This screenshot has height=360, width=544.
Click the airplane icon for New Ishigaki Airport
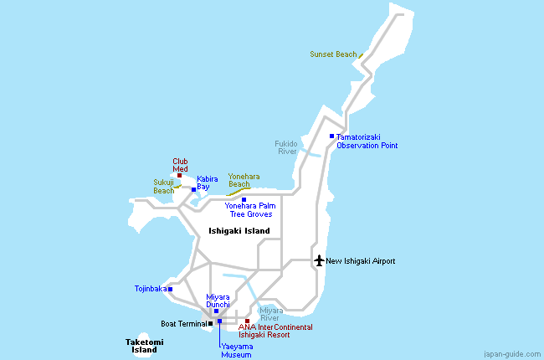click(x=318, y=260)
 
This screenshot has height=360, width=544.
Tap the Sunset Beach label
click(x=333, y=54)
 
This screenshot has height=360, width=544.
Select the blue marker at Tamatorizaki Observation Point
click(x=331, y=136)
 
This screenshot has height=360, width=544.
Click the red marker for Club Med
click(x=179, y=175)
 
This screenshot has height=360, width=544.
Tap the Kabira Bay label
click(x=208, y=183)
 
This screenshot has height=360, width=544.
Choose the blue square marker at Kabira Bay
click(x=193, y=189)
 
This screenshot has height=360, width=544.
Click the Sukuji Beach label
click(x=164, y=186)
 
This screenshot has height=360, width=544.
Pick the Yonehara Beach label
click(x=244, y=180)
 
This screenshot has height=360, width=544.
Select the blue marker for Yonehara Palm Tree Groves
click(x=244, y=199)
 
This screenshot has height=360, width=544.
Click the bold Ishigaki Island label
click(x=239, y=231)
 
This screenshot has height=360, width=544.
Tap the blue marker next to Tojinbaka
click(x=170, y=289)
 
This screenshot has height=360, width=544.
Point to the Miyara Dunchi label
click(x=218, y=301)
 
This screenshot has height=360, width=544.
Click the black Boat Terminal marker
click(x=210, y=323)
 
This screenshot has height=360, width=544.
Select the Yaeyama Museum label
click(x=237, y=349)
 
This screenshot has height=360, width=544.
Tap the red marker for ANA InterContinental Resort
click(x=247, y=321)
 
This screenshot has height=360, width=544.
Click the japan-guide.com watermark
click(x=511, y=353)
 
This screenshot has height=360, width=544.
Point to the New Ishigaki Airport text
click(x=360, y=261)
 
